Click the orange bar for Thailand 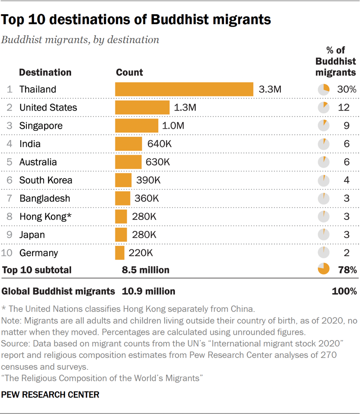184,89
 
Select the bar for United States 142,108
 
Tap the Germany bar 120,253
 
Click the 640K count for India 159,144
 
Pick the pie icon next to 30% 324,89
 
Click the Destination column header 45,72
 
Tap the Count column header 129,72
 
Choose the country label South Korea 46,180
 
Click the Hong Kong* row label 45,217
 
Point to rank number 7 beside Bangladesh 9,198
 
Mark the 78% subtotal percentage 347,270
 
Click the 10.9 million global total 149,291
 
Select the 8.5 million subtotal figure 146,270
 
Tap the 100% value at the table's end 344,291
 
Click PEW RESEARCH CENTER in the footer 51,395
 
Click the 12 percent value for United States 344,108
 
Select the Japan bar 121,235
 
